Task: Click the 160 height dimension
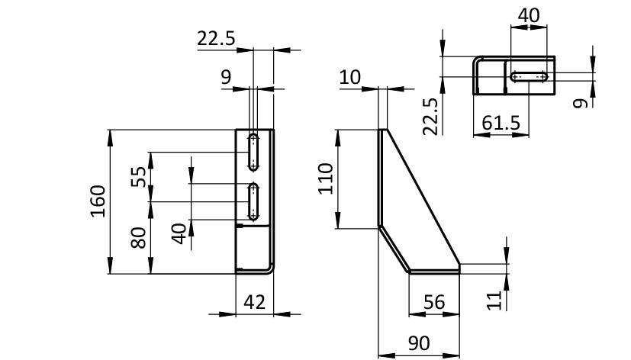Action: (98, 201)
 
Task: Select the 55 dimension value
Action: (139, 177)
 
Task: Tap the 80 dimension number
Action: (139, 238)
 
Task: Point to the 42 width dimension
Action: (254, 302)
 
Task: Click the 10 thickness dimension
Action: (350, 77)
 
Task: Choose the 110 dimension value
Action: (326, 178)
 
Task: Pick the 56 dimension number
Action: (434, 302)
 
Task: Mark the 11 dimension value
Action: (495, 300)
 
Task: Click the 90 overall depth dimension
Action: (419, 343)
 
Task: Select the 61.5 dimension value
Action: (501, 123)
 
